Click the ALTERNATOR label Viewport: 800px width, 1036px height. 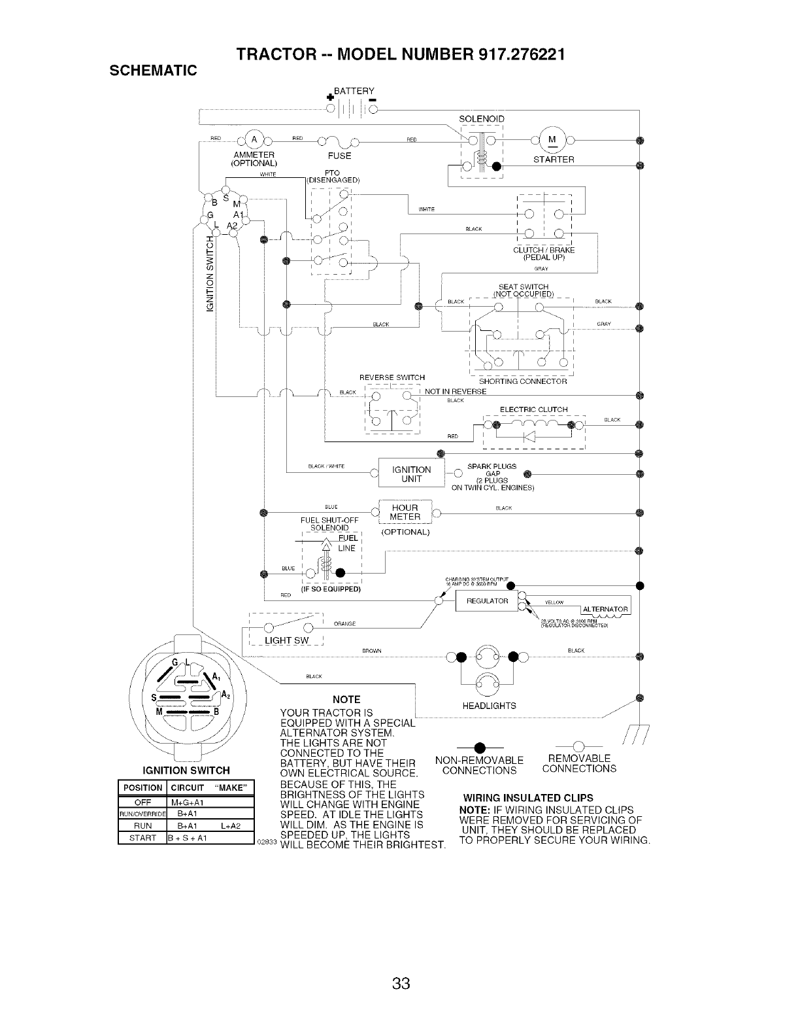[x=605, y=610]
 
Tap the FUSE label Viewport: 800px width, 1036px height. [x=339, y=156]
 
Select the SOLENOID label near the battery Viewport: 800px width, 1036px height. [x=482, y=119]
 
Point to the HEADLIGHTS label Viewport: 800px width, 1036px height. [x=489, y=706]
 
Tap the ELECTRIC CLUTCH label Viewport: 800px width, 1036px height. [x=533, y=409]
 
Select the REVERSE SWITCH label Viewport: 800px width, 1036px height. [x=392, y=377]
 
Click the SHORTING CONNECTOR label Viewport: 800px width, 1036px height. [x=523, y=381]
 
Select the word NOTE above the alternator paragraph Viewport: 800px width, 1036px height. [x=346, y=699]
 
